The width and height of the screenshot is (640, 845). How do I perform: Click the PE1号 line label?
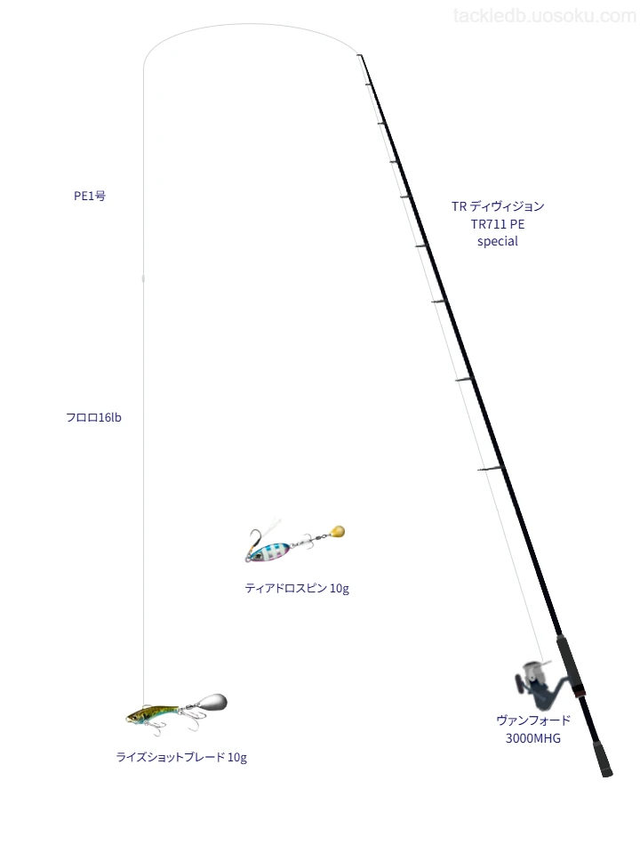pyautogui.click(x=90, y=197)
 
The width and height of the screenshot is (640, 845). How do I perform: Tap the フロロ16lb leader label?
pyautogui.click(x=93, y=418)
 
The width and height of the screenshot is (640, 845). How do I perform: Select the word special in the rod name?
pyautogui.click(x=498, y=241)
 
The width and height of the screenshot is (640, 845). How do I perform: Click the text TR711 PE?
pyautogui.click(x=498, y=224)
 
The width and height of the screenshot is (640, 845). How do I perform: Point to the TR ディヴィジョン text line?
pyautogui.click(x=498, y=206)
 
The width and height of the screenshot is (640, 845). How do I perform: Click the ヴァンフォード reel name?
pyautogui.click(x=532, y=720)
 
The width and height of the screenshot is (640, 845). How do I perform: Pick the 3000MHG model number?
pyautogui.click(x=532, y=738)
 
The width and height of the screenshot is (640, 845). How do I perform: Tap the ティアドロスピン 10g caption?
pyautogui.click(x=297, y=589)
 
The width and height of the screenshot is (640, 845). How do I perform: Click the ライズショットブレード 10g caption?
pyautogui.click(x=181, y=758)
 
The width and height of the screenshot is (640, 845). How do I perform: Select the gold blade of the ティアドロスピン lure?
pyautogui.click(x=337, y=532)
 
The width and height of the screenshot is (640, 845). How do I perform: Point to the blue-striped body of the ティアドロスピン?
pyautogui.click(x=270, y=551)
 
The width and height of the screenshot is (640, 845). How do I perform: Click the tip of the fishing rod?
pyautogui.click(x=359, y=55)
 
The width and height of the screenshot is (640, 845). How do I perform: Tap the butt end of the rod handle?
pyautogui.click(x=607, y=774)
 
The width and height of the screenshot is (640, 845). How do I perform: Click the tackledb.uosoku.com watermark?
pyautogui.click(x=545, y=16)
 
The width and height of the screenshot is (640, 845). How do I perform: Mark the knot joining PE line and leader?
pyautogui.click(x=143, y=278)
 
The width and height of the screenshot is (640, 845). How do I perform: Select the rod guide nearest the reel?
pyautogui.click(x=490, y=468)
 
